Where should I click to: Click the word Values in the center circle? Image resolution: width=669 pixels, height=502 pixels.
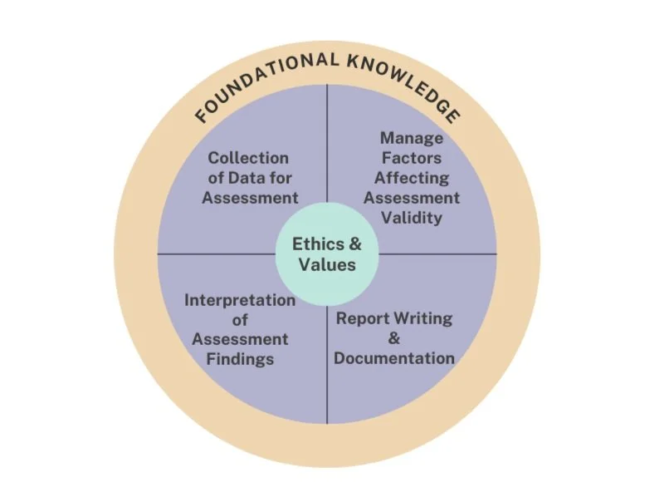pos(328,265)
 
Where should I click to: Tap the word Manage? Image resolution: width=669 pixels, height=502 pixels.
pos(412,139)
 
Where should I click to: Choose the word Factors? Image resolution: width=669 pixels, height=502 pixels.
pos(412,158)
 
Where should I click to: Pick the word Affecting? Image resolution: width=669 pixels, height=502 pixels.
pos(412,178)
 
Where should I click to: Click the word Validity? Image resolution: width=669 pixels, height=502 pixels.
pos(412,218)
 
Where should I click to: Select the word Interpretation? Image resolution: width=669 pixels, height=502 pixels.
pos(240,300)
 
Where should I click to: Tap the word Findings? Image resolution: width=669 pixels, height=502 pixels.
pos(240,359)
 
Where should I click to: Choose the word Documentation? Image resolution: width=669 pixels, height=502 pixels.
pos(394,358)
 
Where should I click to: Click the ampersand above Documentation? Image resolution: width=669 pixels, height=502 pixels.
pos(394,338)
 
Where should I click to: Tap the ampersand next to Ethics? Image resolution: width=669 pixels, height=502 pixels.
pos(355,244)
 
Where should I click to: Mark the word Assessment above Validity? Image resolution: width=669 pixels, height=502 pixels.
pos(412,198)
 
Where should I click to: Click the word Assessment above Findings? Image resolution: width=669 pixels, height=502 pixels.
pos(240,339)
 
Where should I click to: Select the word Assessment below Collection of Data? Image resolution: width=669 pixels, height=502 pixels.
pos(250,198)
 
